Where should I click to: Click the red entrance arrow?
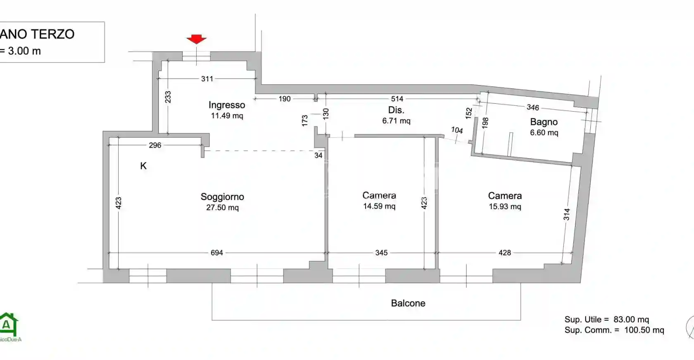click(x=197, y=39)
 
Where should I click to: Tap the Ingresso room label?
click(x=227, y=105)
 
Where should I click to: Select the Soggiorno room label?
click(x=222, y=197)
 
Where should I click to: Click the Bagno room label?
click(x=544, y=122)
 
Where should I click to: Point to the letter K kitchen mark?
click(x=143, y=166)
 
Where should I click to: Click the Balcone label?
click(x=408, y=303)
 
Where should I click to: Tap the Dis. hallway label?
click(x=396, y=110)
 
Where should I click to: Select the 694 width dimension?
click(x=216, y=253)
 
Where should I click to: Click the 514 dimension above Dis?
click(x=397, y=99)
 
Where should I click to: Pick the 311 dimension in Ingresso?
click(x=207, y=79)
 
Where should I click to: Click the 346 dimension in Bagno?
click(x=533, y=107)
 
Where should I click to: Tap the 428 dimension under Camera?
click(x=505, y=253)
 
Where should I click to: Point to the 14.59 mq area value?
click(x=379, y=206)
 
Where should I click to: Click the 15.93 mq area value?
click(x=505, y=207)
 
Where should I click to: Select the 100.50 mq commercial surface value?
click(x=644, y=330)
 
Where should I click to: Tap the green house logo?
click(x=8, y=324)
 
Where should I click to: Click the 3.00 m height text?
click(x=24, y=51)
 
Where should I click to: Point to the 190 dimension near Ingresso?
click(x=284, y=99)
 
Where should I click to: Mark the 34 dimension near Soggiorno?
click(x=318, y=155)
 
